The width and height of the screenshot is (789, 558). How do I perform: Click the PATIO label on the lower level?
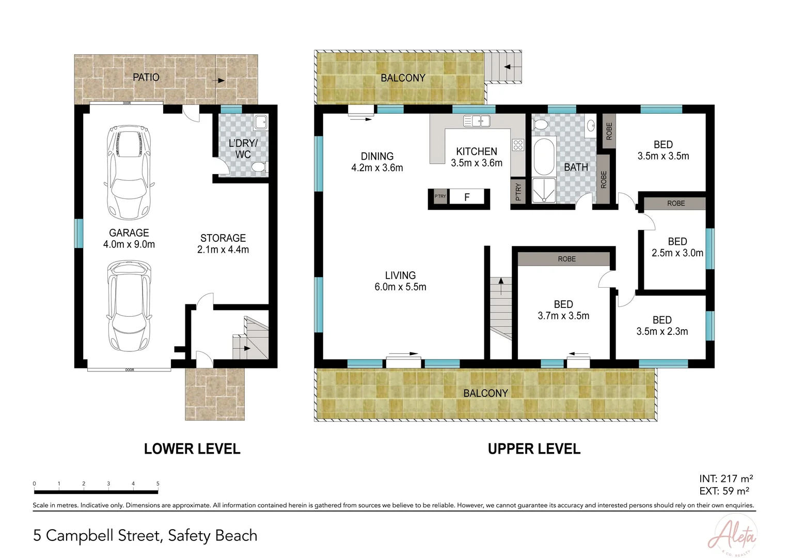tap(146, 77)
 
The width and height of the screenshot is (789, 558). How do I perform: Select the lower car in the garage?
tap(130, 306)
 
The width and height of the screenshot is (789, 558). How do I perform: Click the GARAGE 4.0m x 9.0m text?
tap(129, 239)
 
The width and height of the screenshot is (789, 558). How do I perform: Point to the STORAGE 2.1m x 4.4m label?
tap(223, 244)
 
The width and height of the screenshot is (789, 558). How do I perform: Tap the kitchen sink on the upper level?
tap(477, 121)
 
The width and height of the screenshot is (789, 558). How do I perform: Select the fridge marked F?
tap(467, 197)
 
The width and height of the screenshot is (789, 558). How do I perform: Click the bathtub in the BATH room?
tap(543, 157)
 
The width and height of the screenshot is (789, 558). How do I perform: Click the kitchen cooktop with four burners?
tap(518, 145)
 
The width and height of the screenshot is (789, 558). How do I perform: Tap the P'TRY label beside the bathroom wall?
tap(518, 192)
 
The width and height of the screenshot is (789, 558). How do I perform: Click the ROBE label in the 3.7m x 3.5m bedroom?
tap(566, 259)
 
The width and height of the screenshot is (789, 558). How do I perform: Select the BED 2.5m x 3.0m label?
tap(677, 247)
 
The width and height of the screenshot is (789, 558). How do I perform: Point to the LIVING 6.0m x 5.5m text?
tap(400, 281)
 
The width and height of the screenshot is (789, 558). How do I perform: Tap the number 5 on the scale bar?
tap(158, 484)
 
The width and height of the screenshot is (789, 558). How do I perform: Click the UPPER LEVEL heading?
tap(534, 449)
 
